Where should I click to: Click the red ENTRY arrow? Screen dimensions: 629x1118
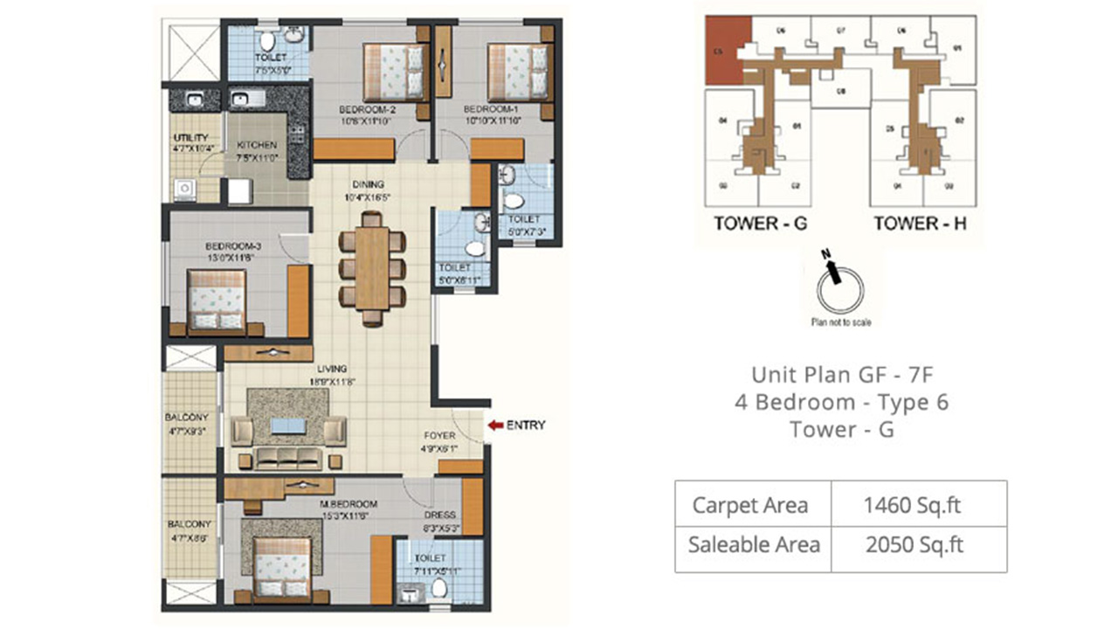tap(494, 425)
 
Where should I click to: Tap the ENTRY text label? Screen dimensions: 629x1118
tap(526, 425)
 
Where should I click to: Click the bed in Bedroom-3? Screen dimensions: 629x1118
tap(217, 299)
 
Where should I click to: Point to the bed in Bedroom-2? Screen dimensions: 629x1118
tap(395, 72)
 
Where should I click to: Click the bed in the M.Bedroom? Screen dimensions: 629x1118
tap(282, 566)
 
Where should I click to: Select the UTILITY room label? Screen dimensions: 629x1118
tap(191, 138)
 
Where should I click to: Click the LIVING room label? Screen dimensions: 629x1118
tap(332, 369)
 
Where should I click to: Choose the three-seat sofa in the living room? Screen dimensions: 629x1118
tap(288, 458)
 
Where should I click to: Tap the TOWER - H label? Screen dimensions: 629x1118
tap(920, 223)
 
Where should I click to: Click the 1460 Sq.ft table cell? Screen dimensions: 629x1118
tap(919, 505)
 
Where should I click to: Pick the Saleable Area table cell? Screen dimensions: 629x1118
tap(753, 545)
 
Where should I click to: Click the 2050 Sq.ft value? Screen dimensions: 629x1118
tap(919, 545)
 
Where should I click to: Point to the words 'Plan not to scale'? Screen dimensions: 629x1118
tap(840, 321)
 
